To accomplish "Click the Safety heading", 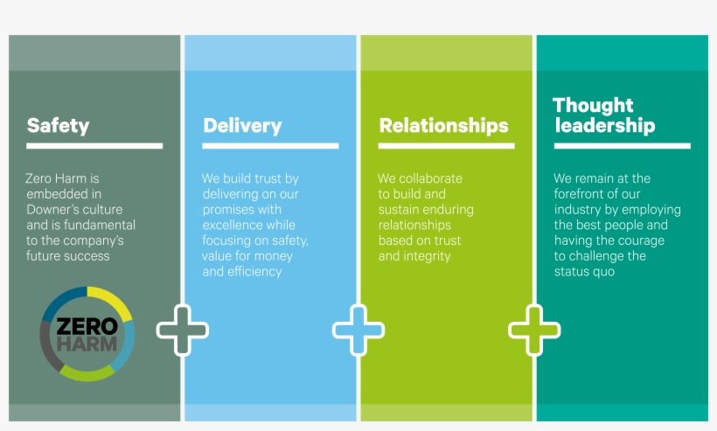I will (x=58, y=125).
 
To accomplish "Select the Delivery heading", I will (x=242, y=125).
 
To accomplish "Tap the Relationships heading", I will (x=443, y=125).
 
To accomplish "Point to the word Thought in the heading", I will (x=593, y=106).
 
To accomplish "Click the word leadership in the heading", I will (x=603, y=126).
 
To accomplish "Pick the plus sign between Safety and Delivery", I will (x=182, y=330).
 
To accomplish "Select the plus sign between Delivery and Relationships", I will (x=358, y=330).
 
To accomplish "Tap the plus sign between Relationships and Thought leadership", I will (x=534, y=330).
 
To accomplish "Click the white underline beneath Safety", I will (x=94, y=145).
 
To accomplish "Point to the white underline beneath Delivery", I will (x=270, y=145).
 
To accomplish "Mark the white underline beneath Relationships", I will (x=446, y=145).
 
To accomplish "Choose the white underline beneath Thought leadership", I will (x=622, y=145).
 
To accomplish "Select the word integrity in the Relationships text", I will (x=428, y=256).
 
